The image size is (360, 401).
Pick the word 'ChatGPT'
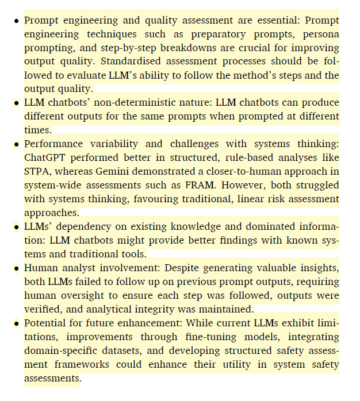click(47, 158)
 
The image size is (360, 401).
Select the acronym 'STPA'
click(38, 172)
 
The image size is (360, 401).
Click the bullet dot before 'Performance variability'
click(16, 145)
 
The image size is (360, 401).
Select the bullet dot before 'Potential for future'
click(16, 323)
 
